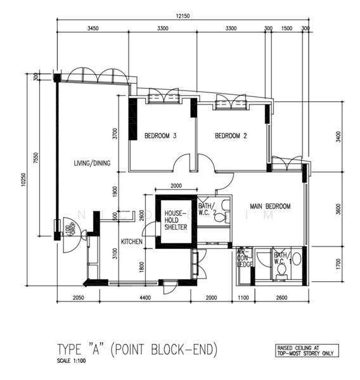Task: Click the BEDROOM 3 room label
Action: [x=160, y=136]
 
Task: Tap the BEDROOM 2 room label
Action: [x=231, y=136]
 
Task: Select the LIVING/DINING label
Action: [x=91, y=163]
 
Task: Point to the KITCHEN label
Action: [x=132, y=241]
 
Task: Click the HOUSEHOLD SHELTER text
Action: [x=176, y=220]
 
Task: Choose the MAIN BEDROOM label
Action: [x=269, y=206]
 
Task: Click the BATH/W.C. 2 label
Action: [x=207, y=209]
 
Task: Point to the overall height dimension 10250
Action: [x=23, y=181]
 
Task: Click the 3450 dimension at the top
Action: [x=93, y=28]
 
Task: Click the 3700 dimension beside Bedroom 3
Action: [x=115, y=134]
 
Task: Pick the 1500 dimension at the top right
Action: [x=286, y=28]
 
